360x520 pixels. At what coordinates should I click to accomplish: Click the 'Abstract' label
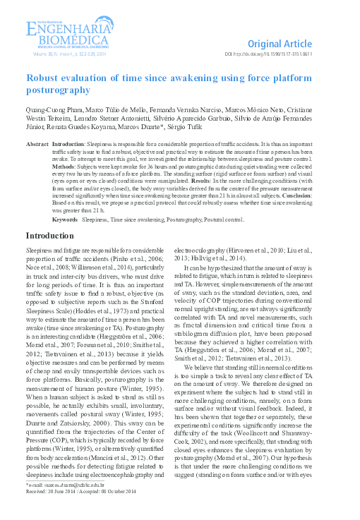point(37,143)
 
